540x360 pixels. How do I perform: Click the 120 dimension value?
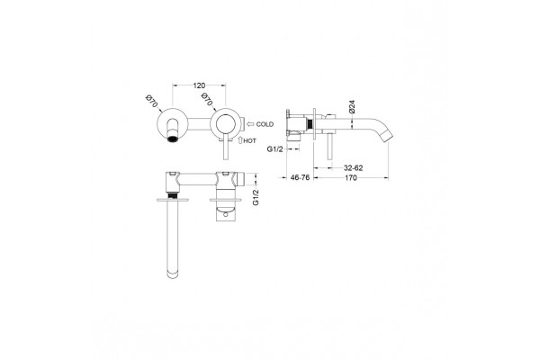[199, 85]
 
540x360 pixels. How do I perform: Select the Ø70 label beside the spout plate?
[151, 101]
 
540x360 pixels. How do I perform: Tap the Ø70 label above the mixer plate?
[206, 100]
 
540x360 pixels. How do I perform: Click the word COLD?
[265, 124]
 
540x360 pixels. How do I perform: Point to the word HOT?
[250, 141]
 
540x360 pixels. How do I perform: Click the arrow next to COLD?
[250, 124]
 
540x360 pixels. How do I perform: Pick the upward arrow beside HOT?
[240, 140]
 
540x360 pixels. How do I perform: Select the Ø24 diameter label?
[352, 107]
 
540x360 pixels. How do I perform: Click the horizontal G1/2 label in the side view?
[274, 148]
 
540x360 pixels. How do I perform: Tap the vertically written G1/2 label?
[256, 197]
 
